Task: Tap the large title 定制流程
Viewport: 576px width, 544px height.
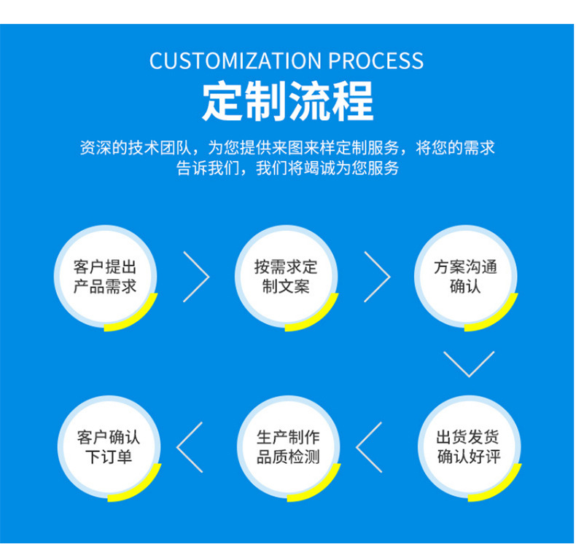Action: point(287,101)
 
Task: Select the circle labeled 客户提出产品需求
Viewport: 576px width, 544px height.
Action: point(105,277)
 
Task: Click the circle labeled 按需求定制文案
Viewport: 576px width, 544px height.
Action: point(286,277)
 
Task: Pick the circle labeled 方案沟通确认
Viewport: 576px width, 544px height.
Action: point(466,277)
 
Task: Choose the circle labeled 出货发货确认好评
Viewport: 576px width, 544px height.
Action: point(469,447)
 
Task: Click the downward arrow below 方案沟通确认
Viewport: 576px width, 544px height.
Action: point(469,363)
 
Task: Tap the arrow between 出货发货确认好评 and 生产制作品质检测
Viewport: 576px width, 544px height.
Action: point(370,446)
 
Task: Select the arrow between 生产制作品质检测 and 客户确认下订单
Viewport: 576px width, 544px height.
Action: point(190,446)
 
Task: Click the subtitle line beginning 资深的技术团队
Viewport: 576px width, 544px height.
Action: point(287,147)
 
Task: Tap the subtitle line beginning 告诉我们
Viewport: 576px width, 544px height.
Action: point(287,168)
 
